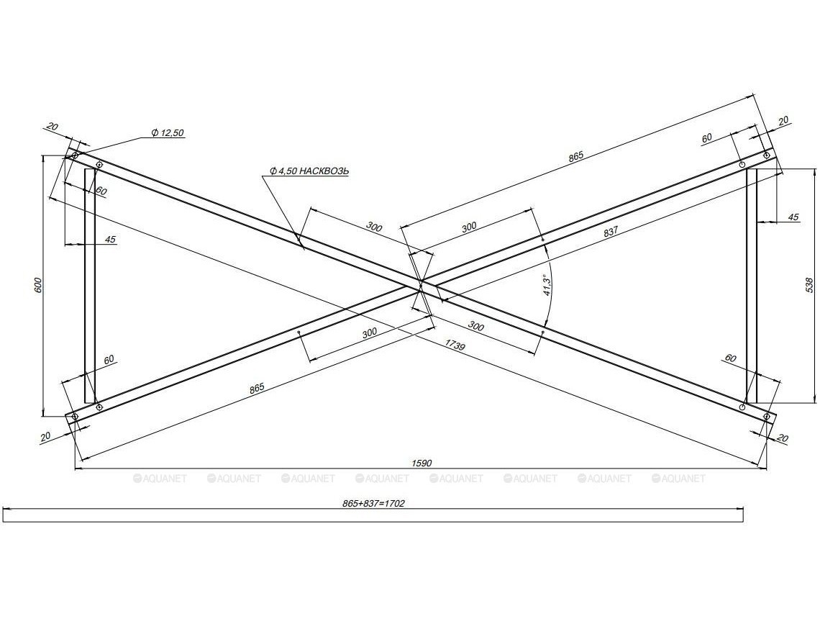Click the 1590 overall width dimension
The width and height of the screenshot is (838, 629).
tap(422, 463)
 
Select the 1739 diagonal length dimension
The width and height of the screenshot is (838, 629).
tap(455, 347)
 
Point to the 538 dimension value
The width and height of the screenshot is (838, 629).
tap(810, 285)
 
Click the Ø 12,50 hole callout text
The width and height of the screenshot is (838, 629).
tap(168, 132)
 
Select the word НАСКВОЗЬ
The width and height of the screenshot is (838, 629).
tap(324, 171)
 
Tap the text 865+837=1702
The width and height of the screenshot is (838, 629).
tap(374, 503)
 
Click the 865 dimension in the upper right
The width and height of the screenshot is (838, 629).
tap(576, 155)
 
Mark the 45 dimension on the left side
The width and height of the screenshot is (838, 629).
tap(110, 239)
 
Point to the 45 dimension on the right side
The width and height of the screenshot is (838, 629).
tap(793, 217)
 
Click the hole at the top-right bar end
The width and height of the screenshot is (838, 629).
tap(767, 154)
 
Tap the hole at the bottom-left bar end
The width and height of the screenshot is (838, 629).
tap(73, 416)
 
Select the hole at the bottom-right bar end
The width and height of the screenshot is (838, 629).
tap(767, 416)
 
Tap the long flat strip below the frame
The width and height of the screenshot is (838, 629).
tap(373, 515)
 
